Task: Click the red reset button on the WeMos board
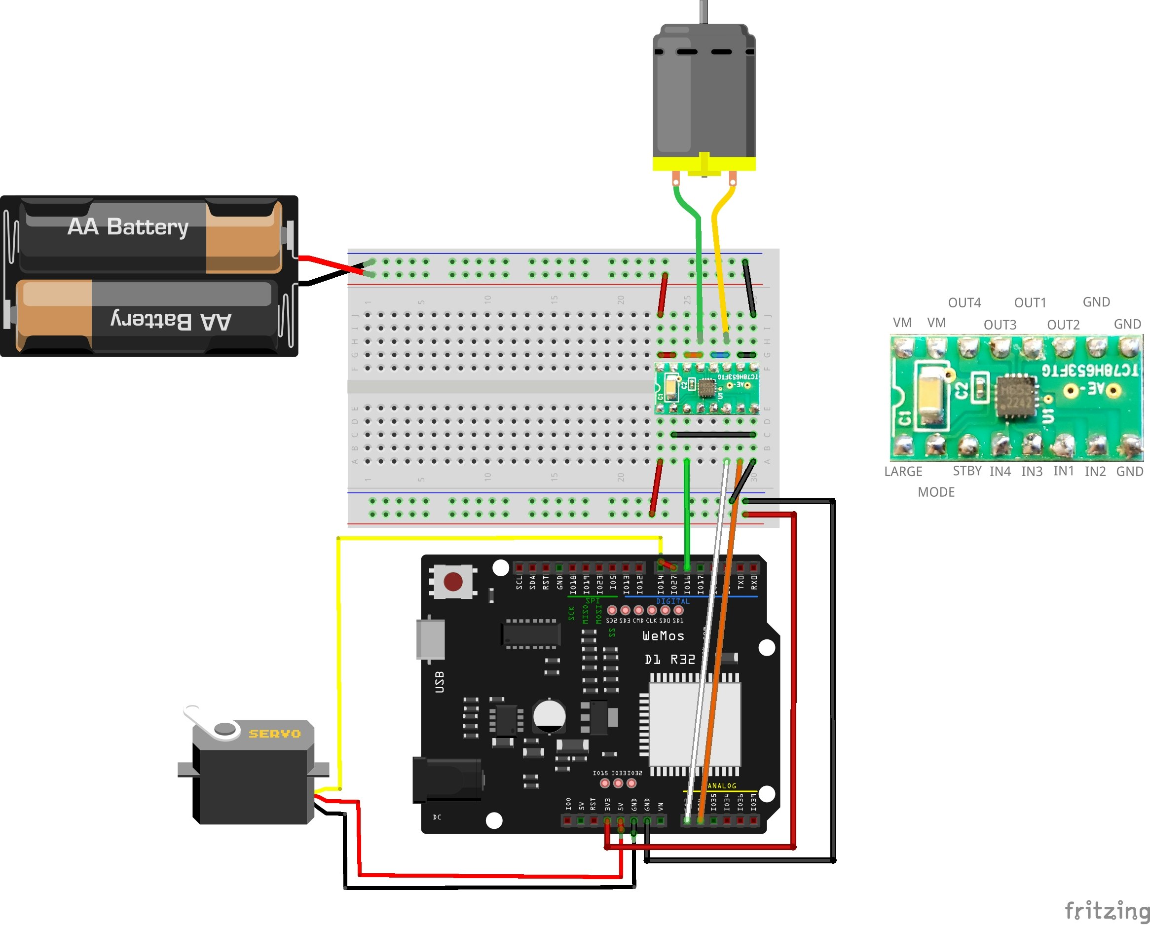point(453,582)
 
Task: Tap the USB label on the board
point(440,682)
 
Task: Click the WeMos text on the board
point(663,636)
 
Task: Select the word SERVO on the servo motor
point(275,734)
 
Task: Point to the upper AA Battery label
point(128,227)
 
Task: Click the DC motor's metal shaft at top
point(704,11)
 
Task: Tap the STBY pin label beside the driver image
point(967,471)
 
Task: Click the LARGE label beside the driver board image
point(903,472)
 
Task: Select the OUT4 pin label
point(965,302)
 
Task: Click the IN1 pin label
point(1064,471)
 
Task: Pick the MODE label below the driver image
point(936,492)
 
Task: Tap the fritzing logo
point(1106,910)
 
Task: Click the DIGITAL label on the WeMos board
point(672,601)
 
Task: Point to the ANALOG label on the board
point(721,786)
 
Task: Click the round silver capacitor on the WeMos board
point(550,715)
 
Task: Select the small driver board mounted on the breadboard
point(707,388)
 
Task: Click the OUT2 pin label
point(1063,325)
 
